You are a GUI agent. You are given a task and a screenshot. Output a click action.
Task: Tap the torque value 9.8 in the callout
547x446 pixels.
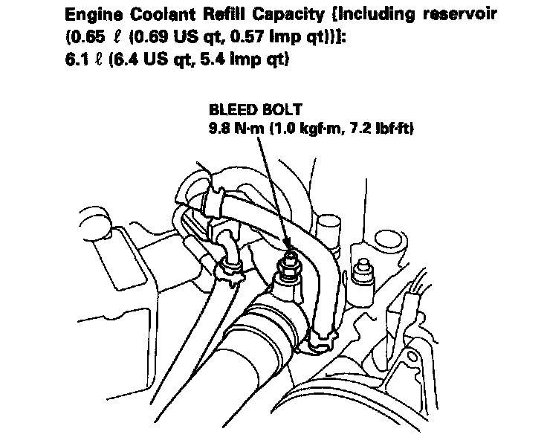pyautogui.click(x=221, y=128)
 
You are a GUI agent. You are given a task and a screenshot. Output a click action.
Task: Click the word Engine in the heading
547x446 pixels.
pyautogui.click(x=90, y=15)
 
